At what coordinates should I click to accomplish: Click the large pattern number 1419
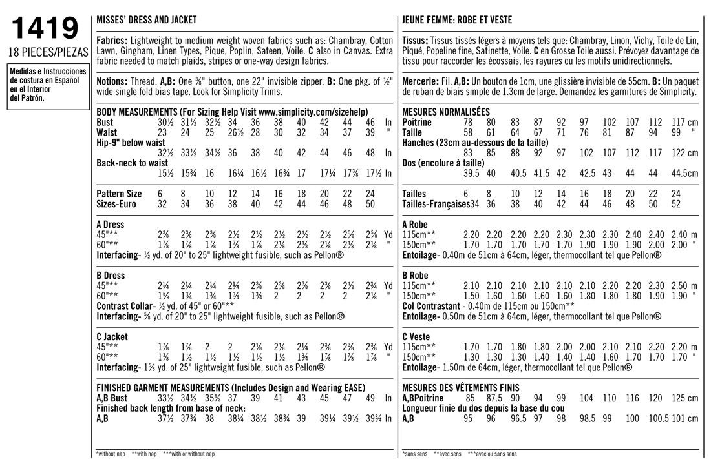45,29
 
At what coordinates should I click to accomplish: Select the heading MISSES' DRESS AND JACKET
146,20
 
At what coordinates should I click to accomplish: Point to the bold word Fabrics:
111,40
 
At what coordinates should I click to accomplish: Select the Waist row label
107,132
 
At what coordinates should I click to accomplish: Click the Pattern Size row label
119,194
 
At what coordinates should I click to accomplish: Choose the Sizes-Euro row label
118,204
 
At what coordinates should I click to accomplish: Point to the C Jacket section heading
112,337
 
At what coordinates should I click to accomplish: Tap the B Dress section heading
111,276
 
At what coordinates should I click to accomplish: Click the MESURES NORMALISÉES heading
446,112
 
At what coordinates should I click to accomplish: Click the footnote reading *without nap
110,454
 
